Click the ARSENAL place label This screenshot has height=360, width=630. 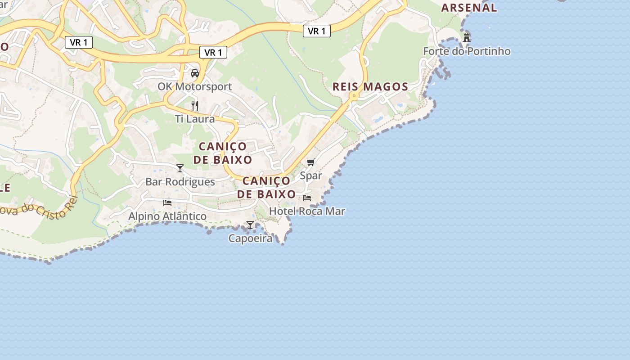(x=469, y=8)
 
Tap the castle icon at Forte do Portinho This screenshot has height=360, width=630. (x=467, y=37)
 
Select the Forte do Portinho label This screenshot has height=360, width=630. (x=467, y=51)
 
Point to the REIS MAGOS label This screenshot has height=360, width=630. (x=370, y=87)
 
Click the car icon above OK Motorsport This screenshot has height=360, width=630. (x=195, y=73)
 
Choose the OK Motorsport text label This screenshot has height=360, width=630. (x=195, y=86)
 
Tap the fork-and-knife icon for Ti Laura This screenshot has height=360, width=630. (x=195, y=106)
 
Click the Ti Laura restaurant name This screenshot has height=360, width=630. (x=195, y=119)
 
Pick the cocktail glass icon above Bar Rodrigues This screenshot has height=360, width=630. (x=180, y=168)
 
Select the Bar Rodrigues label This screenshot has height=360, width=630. (x=180, y=182)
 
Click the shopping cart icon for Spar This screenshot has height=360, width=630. (x=311, y=162)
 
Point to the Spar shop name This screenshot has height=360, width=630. (x=311, y=175)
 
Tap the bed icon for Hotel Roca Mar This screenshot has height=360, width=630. (x=307, y=198)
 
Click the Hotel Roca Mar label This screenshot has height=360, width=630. (x=307, y=211)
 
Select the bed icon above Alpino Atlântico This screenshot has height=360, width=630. (x=167, y=203)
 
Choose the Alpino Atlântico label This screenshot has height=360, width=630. (x=167, y=216)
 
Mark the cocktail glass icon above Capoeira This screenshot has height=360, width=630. (x=250, y=225)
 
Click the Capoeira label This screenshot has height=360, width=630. (x=250, y=238)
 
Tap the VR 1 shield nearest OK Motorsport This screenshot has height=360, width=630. (x=213, y=53)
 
